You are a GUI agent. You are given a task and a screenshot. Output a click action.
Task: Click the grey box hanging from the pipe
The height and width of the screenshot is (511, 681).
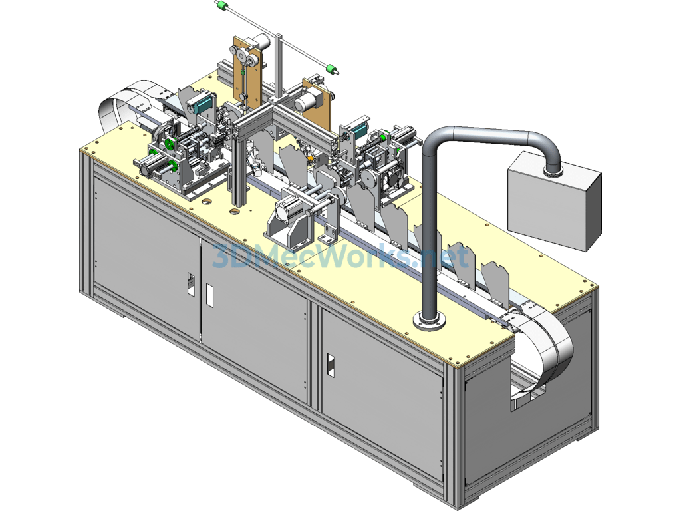click(x=555, y=201)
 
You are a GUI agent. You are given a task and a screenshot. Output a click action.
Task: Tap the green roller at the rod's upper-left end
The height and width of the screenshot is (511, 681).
click(x=221, y=5)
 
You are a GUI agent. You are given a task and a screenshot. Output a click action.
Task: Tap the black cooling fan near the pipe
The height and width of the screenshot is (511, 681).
click(x=394, y=175)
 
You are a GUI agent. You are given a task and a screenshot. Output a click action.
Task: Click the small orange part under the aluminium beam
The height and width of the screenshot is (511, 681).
click(x=311, y=159)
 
